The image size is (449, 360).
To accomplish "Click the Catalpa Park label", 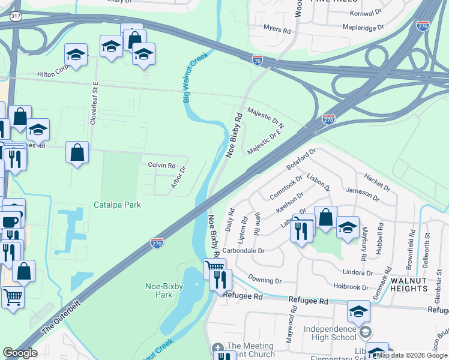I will [117, 205].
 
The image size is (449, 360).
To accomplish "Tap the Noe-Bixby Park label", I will [155, 290].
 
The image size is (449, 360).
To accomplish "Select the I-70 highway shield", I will [257, 59].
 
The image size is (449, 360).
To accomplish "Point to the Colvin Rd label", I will [161, 165].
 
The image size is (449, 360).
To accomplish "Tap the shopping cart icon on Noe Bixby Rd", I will [214, 266].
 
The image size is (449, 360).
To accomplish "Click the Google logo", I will [20, 353].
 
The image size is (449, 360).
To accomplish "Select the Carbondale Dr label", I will [243, 250].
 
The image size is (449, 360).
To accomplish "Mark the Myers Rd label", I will [277, 28].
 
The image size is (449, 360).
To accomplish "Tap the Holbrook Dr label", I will [351, 287].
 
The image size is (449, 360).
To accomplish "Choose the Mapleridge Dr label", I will [362, 27].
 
